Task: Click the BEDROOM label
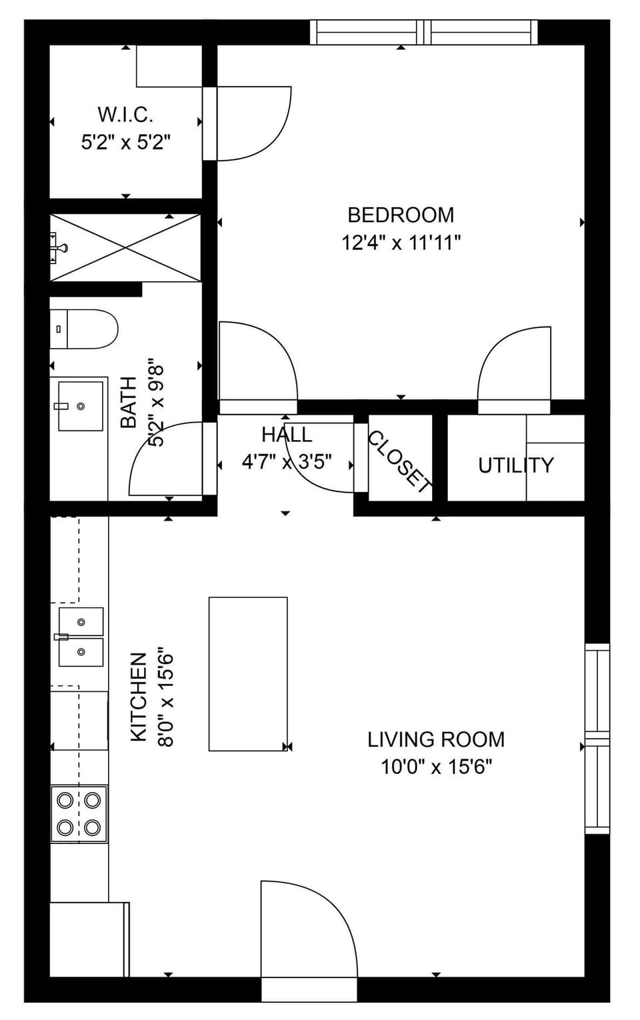point(401,215)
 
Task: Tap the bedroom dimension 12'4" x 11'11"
point(401,243)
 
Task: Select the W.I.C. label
point(125,115)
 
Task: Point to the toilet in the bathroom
point(84,329)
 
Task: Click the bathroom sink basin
point(81,406)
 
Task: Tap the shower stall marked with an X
point(125,247)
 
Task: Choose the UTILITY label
point(515,465)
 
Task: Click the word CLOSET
point(399,462)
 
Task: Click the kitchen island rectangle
point(248,673)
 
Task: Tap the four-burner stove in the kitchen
point(79,813)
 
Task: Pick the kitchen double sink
point(81,637)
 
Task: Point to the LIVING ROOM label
point(436,739)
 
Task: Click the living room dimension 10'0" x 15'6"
point(436,767)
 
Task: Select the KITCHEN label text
point(138,697)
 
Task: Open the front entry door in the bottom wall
point(308,933)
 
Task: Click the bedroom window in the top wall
point(424,32)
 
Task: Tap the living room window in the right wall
point(597,739)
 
